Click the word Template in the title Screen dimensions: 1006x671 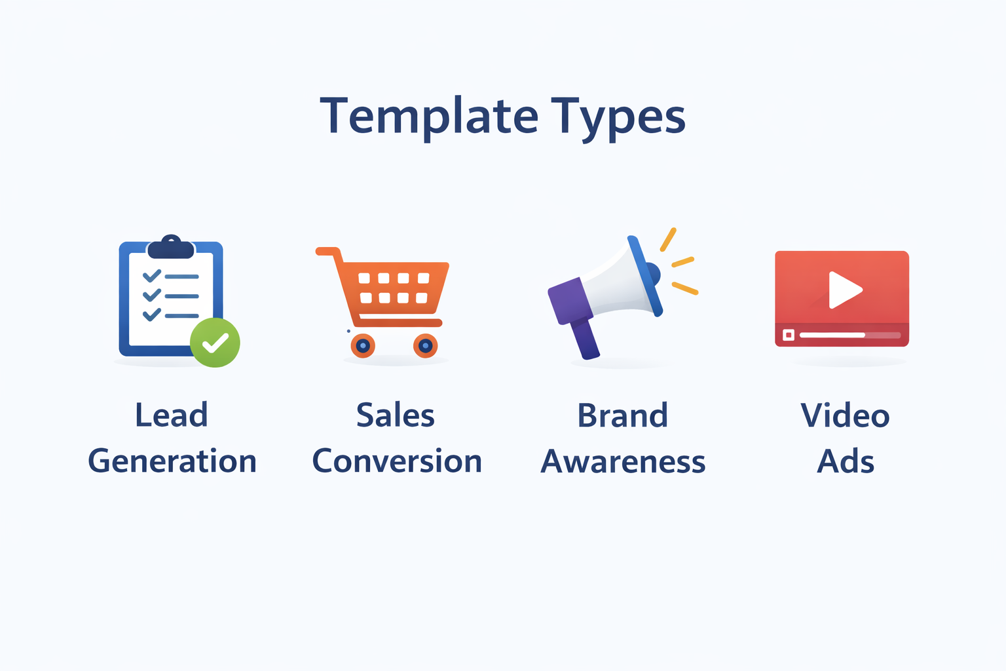pyautogui.click(x=429, y=117)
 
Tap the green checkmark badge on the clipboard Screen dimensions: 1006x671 pyautogui.click(x=215, y=343)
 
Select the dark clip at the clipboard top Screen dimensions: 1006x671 pyautogui.click(x=171, y=247)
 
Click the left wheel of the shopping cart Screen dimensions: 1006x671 pyautogui.click(x=363, y=345)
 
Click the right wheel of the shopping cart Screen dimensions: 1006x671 pyautogui.click(x=425, y=345)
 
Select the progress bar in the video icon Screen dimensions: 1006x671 pyautogui.click(x=850, y=335)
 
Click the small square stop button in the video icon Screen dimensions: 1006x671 pyautogui.click(x=789, y=335)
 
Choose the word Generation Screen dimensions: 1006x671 pyautogui.click(x=172, y=461)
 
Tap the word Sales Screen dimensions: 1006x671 pyautogui.click(x=396, y=415)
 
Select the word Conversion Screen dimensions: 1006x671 pyautogui.click(x=397, y=461)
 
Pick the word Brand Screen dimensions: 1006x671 pyautogui.click(x=623, y=415)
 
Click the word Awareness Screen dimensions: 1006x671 pyautogui.click(x=623, y=461)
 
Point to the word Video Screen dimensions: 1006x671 pyautogui.click(x=846, y=415)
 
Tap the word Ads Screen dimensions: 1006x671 pyautogui.click(x=846, y=461)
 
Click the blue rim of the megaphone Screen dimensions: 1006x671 pyautogui.click(x=645, y=276)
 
